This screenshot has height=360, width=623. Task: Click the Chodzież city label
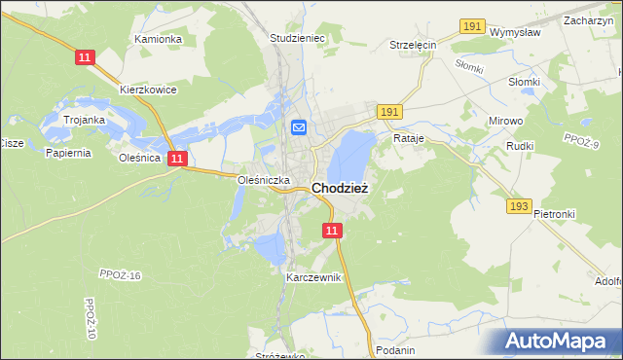[340, 189]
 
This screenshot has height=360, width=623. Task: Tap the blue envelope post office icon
[299, 126]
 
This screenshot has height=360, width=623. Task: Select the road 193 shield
[518, 206]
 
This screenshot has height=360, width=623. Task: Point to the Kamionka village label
[159, 39]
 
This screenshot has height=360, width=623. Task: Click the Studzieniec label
[296, 39]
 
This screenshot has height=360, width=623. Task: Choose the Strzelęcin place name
[413, 45]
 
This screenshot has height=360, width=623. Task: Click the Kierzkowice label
[148, 89]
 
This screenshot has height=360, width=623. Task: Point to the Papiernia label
[67, 152]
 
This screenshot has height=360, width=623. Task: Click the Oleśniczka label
[264, 180]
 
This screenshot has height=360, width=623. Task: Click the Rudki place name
[521, 146]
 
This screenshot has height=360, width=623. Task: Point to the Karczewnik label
[313, 277]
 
